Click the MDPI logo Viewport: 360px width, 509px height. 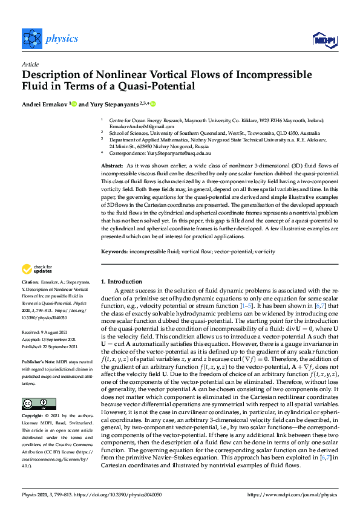(x=321, y=39)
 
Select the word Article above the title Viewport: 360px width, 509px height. (x=30, y=64)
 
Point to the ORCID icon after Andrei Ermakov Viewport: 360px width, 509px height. (x=74, y=103)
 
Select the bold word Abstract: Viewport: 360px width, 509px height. (x=113, y=165)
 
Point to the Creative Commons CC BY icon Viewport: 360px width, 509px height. (x=34, y=387)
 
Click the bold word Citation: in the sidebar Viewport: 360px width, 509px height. (x=31, y=282)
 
